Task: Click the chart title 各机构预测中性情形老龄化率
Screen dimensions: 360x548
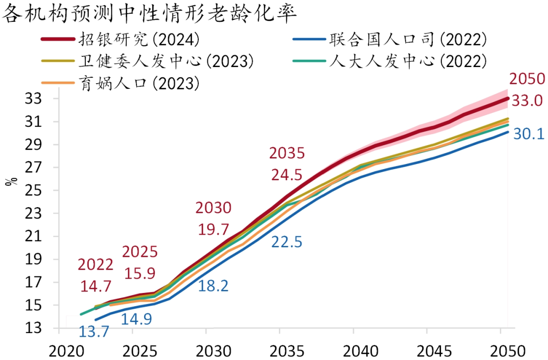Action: tap(149, 14)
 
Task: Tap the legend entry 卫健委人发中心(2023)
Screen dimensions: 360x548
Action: tap(165, 61)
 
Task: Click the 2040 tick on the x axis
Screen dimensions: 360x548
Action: tap(353, 350)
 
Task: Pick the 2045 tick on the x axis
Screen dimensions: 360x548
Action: tap(427, 350)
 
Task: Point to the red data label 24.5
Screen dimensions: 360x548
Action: tap(286, 175)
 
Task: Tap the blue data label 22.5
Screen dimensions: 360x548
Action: tap(286, 242)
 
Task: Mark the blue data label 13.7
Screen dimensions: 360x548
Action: tap(94, 332)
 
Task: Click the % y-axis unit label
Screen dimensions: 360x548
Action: tap(11, 181)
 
